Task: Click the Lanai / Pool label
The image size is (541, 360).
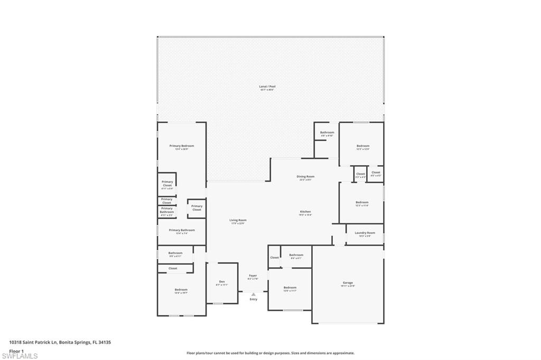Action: point(267,87)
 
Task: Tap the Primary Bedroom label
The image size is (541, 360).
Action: point(181,146)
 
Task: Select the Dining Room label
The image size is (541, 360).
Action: point(305,177)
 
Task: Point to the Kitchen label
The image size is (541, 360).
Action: point(305,212)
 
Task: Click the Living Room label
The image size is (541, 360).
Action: point(238,220)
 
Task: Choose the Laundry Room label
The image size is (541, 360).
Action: point(365,233)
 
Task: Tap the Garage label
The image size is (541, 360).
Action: point(347,283)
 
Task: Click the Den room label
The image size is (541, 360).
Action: point(221,282)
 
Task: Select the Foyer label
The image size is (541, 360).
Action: point(253,276)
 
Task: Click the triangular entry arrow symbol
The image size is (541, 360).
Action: point(253,295)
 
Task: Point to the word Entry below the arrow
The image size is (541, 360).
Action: point(254,299)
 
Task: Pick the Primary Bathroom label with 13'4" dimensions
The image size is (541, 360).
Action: point(181,230)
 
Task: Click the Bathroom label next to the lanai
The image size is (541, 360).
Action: point(327,132)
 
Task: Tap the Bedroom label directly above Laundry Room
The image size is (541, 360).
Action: point(362,202)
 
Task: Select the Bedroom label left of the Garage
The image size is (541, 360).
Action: point(290,288)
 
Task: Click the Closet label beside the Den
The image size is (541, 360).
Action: point(173,268)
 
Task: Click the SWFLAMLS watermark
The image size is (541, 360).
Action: point(20,356)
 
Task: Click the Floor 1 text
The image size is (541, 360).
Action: point(17,350)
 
